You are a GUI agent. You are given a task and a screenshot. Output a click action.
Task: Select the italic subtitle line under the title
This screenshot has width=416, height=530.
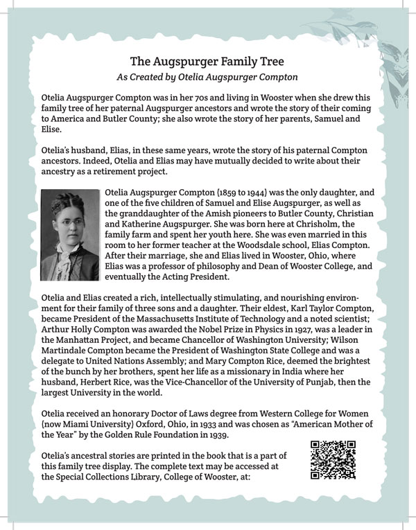tap(208, 76)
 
